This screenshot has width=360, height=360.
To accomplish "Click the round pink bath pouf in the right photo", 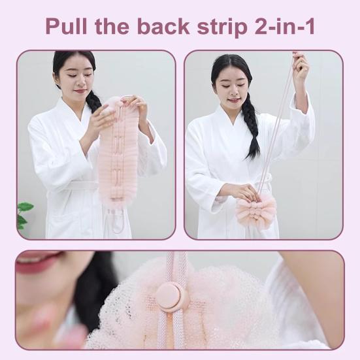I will click(x=256, y=211).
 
